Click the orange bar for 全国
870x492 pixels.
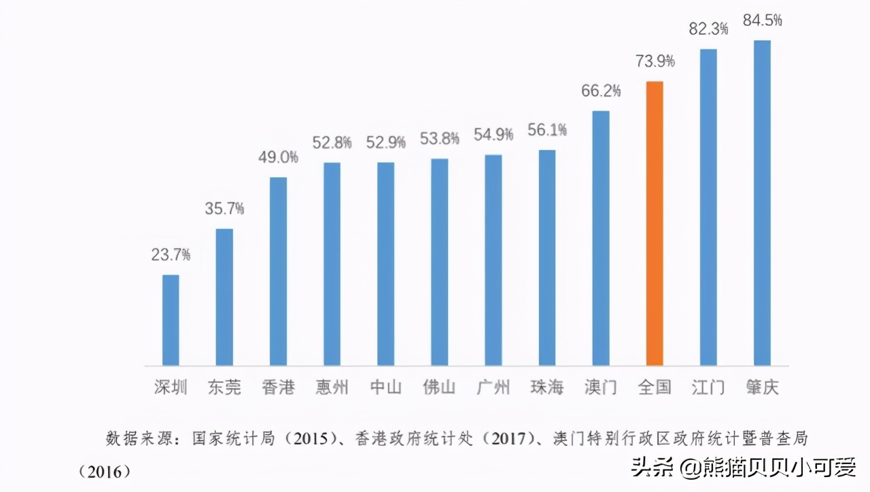654,223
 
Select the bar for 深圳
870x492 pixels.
170,319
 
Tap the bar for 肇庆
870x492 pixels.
762,203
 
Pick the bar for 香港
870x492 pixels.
278,270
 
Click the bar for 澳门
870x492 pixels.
600,238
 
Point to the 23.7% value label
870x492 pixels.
171,256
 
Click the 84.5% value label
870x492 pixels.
763,20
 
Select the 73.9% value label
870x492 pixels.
655,62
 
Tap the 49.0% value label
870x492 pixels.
278,158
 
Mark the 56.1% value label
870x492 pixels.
547,130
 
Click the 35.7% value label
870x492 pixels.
224,209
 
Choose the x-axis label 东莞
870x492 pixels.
224,387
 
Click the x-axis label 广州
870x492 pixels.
493,387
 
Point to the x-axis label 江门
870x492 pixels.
708,387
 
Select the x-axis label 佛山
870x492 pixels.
439,387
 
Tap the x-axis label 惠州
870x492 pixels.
332,387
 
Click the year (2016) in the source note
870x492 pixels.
103,470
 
